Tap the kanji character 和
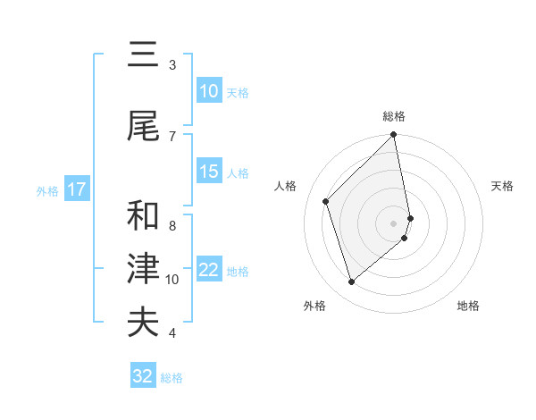coord(143,215)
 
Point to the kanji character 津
coord(143,268)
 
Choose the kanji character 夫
coord(143,322)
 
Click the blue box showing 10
coord(209,91)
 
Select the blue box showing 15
coord(209,172)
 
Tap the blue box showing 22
coord(209,271)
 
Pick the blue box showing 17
coord(76,189)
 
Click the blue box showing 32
coord(143,376)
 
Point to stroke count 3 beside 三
coord(172,64)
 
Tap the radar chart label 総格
coord(394,116)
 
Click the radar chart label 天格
coord(503,186)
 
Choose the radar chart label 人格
coord(286,186)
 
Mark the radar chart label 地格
coord(468,306)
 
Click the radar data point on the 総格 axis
coord(394,135)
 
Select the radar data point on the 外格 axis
coord(351,282)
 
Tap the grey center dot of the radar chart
coord(394,223)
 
